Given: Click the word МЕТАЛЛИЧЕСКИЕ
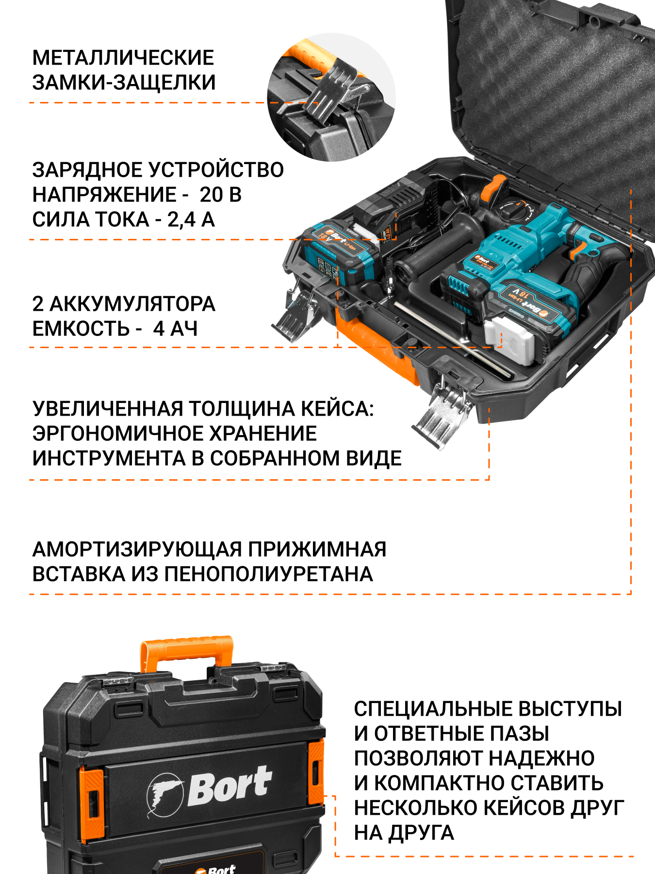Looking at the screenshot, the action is (123, 58).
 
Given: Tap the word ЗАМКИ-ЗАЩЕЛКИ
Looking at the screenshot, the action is (124, 83).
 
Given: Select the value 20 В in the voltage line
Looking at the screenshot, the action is (221, 195).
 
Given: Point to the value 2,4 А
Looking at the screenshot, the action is (191, 219).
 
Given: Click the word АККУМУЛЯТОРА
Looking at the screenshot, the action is (132, 304).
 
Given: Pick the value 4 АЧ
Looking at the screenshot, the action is (175, 329).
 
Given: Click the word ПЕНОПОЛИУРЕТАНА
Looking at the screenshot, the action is (269, 574).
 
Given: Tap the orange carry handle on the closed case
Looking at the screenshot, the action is (187, 653).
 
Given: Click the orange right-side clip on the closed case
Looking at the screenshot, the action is (316, 772).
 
